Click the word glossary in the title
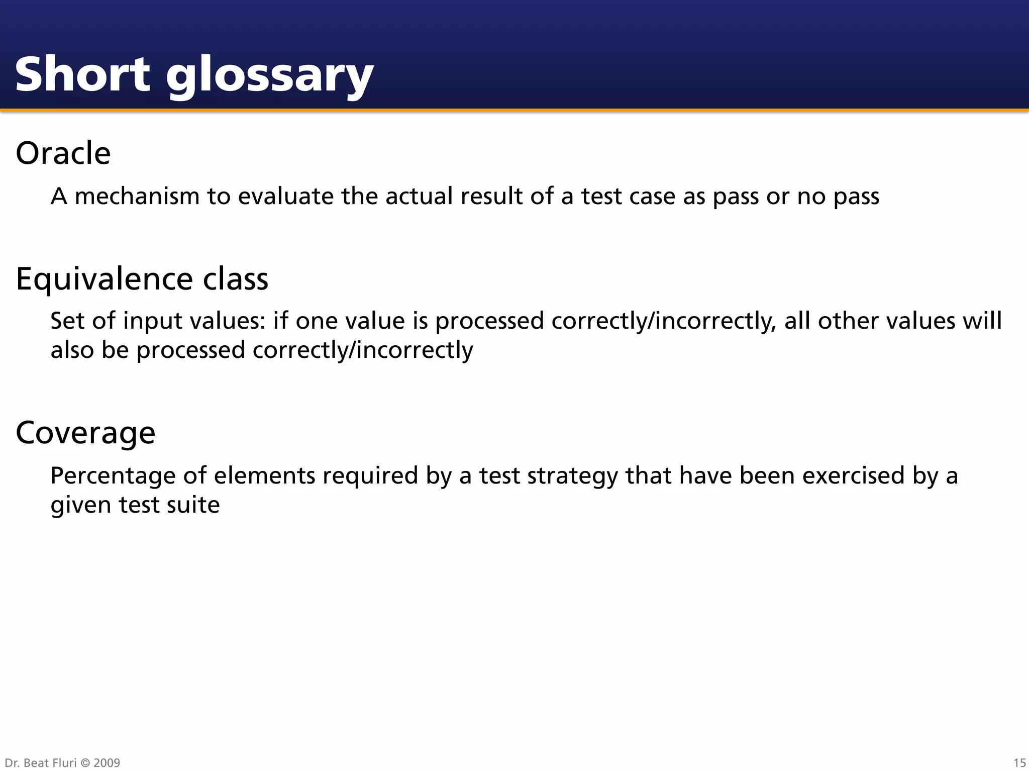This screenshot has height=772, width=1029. (x=269, y=76)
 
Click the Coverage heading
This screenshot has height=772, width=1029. (x=85, y=433)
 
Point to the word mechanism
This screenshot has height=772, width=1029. (x=137, y=196)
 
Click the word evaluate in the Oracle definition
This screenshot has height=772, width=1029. (x=285, y=196)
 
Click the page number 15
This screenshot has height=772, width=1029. (x=1019, y=763)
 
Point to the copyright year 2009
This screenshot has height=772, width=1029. (x=107, y=763)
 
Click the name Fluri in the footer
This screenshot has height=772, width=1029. (x=64, y=763)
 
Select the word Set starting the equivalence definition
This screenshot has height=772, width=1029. (x=67, y=321)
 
